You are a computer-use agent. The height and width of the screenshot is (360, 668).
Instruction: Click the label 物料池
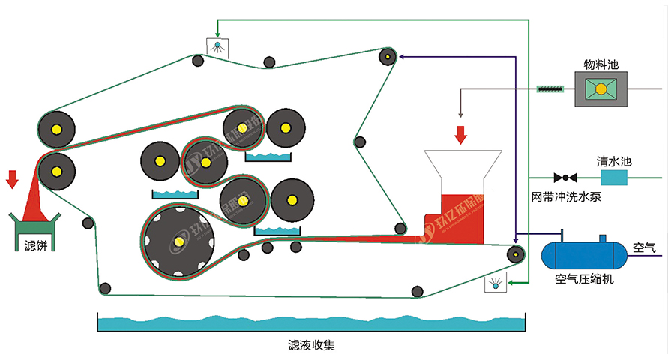coord(601,64)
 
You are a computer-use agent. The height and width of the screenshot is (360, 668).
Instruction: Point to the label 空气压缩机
coord(585,279)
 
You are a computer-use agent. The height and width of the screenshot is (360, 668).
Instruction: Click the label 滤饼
coord(35,245)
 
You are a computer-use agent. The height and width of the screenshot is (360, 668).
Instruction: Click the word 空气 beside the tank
coord(643,247)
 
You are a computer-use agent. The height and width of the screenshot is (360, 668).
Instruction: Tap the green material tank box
coord(601,89)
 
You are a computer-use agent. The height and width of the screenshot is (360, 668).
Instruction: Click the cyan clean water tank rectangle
coord(613,178)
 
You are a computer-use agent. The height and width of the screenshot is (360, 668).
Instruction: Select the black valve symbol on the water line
coord(565,178)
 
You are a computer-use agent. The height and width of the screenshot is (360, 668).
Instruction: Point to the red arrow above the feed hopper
coord(460,134)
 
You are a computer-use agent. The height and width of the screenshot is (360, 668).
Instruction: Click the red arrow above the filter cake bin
coord(12,179)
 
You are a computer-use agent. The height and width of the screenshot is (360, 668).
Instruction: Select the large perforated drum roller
coord(178,241)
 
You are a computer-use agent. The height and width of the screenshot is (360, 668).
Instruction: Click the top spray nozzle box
coord(218,46)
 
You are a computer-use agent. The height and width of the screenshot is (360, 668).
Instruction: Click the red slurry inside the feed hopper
coord(462,213)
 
